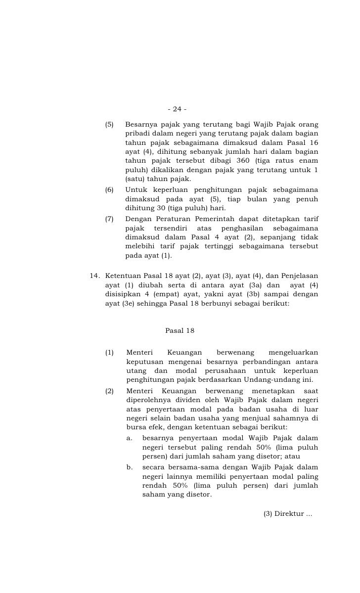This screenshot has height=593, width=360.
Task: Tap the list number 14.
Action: [x=95, y=275]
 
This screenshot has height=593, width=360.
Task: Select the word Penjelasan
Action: [x=300, y=275]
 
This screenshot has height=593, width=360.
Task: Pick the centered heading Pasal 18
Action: [x=180, y=331]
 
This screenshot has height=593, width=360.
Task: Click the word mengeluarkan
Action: [x=293, y=352]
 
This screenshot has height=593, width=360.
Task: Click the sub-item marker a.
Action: [x=130, y=438]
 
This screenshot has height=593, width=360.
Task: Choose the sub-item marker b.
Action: [x=130, y=467]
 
